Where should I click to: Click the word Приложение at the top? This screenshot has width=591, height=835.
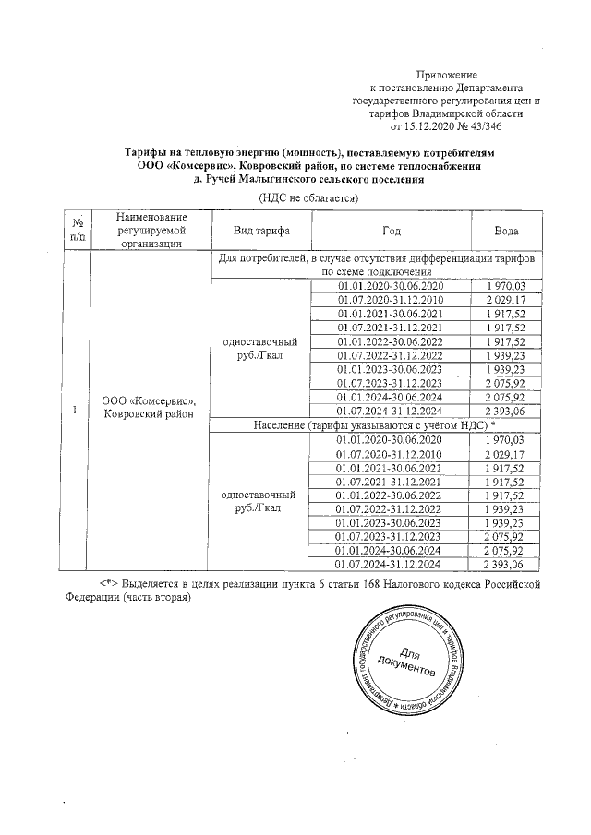tap(446, 73)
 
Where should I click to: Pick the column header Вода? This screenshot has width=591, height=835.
tap(505, 230)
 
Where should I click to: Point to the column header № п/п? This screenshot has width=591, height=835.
tap(78, 230)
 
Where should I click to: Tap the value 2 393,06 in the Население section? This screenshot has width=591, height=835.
tap(504, 564)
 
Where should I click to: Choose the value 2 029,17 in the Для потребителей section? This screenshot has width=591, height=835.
tap(504, 301)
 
